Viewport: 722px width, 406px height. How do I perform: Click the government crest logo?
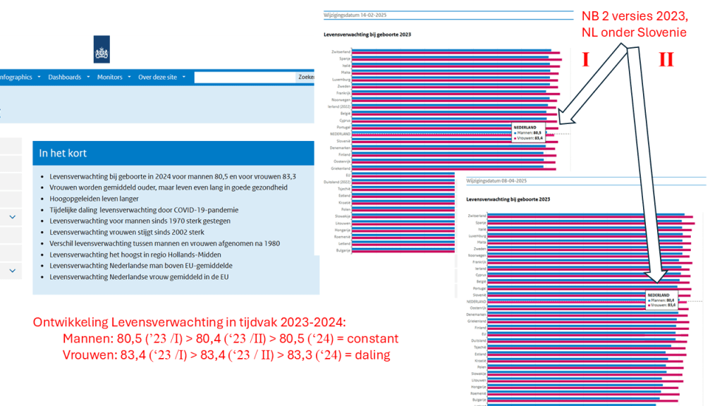pos(102,49)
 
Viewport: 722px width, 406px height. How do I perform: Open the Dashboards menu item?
pos(65,77)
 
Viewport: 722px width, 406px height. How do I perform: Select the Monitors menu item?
pos(110,77)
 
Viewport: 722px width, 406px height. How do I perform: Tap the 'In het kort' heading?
pos(63,153)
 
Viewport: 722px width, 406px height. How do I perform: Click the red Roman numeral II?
pos(666,59)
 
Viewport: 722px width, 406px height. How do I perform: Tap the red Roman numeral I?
pos(585,59)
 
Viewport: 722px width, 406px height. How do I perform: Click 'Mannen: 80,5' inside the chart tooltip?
pos(530,133)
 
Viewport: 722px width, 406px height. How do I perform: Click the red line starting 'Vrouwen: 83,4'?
pos(226,355)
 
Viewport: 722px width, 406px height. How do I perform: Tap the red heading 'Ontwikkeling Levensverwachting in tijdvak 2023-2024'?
pos(189,322)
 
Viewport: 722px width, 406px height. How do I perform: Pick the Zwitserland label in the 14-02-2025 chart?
pos(341,51)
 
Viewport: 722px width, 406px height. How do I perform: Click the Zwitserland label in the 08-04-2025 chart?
pos(476,215)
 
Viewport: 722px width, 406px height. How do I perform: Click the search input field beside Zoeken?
pos(244,77)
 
